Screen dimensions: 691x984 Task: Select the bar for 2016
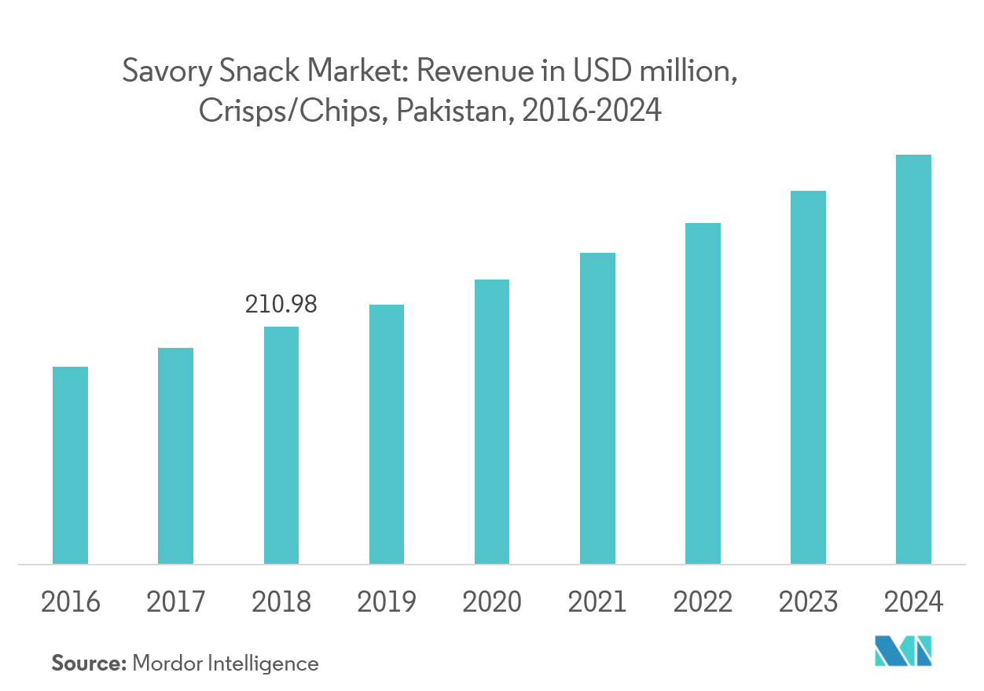coord(70,465)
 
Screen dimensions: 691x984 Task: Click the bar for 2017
coord(175,455)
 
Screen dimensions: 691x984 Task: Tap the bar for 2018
coord(281,445)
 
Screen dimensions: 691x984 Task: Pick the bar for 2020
coord(492,422)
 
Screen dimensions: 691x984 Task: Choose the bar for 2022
coord(703,393)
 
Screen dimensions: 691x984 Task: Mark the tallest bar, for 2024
coord(913,359)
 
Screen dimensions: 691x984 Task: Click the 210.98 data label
coord(281,305)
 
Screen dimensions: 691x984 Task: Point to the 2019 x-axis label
coord(387,602)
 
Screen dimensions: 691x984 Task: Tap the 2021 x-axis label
coord(597,602)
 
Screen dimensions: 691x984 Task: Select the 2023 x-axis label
coord(808,602)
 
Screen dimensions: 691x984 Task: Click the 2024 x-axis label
coord(913,602)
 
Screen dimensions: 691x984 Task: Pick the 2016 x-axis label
coord(71,602)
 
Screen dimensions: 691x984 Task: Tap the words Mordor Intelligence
coord(226,664)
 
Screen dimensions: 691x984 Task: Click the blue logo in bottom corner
coord(903,653)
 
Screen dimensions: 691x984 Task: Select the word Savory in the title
coord(156,73)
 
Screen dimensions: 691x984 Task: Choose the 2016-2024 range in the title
coord(591,112)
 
